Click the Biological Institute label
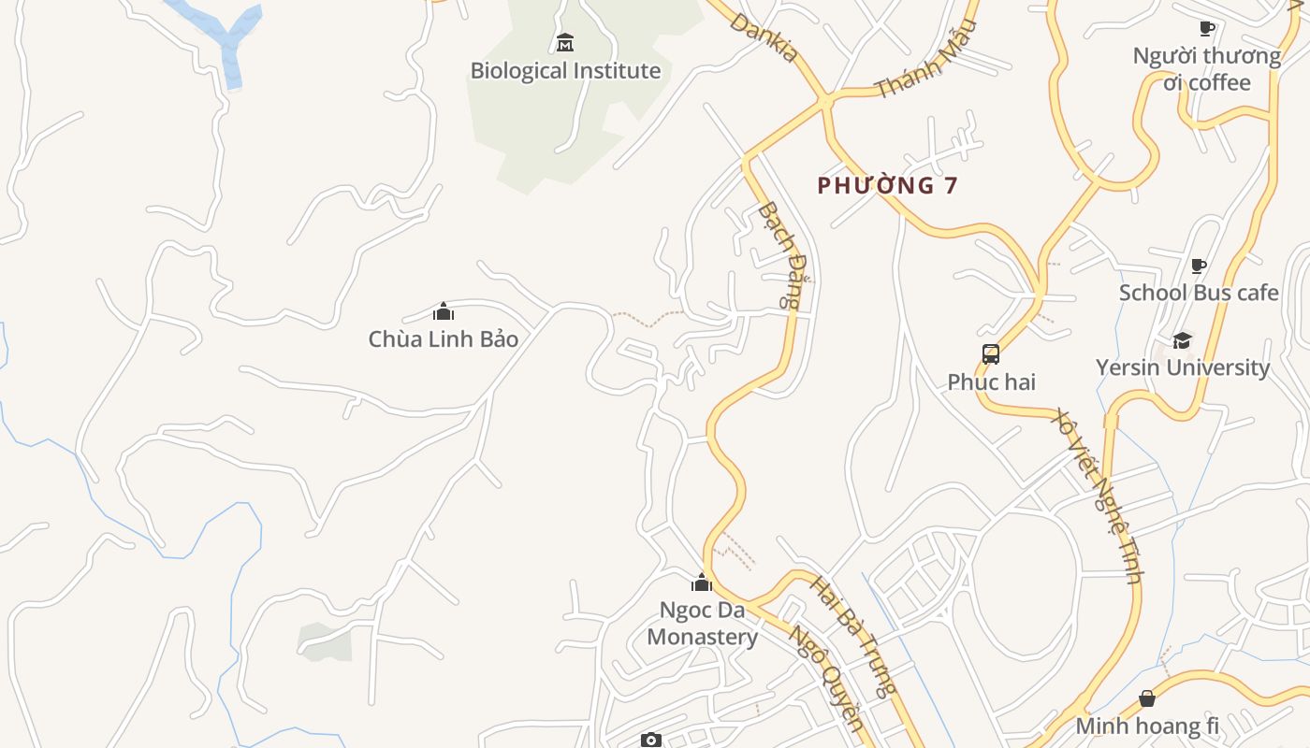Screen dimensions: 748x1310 point(565,71)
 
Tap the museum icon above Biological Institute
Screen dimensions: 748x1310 point(565,43)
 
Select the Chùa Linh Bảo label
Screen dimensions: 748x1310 point(444,339)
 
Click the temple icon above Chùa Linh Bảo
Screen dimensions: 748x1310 point(444,311)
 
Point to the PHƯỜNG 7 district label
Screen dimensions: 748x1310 point(887,185)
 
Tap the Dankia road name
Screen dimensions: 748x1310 point(765,38)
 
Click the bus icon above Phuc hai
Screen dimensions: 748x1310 point(991,354)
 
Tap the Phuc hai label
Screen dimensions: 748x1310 point(991,382)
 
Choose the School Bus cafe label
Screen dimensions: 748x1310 point(1199,293)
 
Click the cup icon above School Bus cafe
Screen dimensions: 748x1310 point(1199,266)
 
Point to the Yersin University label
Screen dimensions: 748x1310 point(1183,367)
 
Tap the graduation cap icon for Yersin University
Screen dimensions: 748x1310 point(1183,340)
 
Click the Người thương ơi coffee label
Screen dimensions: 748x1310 point(1207,69)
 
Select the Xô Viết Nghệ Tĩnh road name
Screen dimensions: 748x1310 point(1099,495)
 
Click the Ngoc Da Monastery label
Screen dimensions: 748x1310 point(702,624)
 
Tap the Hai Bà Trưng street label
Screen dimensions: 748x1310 point(851,636)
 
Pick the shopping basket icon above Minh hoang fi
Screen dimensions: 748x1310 point(1147,698)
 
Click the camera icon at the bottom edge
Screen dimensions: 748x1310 point(651,740)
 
